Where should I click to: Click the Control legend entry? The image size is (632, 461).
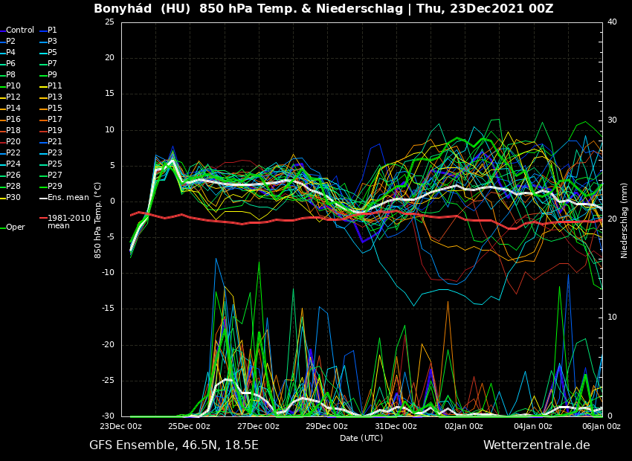[x=20, y=30]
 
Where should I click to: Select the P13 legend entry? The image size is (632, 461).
[x=55, y=97]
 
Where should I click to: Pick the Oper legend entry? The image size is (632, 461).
[x=16, y=228]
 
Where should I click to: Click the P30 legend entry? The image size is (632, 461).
[x=13, y=198]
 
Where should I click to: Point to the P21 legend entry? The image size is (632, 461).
[x=55, y=142]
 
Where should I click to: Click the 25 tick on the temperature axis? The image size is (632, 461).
[x=109, y=22]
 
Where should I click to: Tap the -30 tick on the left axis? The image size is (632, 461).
[x=108, y=416]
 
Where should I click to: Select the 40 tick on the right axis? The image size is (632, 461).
[x=612, y=22]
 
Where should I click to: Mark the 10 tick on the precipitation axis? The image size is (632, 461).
[x=612, y=317]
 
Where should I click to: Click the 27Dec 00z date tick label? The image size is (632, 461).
[x=258, y=427]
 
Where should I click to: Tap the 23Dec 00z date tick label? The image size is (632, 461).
[x=120, y=427]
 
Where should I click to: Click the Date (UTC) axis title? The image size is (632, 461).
[x=361, y=438]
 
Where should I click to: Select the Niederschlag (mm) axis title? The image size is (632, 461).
[x=625, y=220]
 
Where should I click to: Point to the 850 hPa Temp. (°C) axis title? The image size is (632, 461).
[x=97, y=219]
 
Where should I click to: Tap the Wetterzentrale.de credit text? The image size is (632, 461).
[x=536, y=445]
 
